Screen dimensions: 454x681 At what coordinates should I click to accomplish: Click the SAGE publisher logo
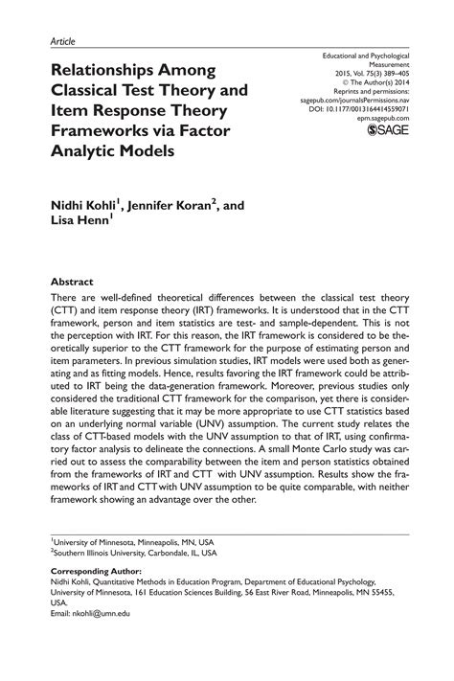pos(386,131)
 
